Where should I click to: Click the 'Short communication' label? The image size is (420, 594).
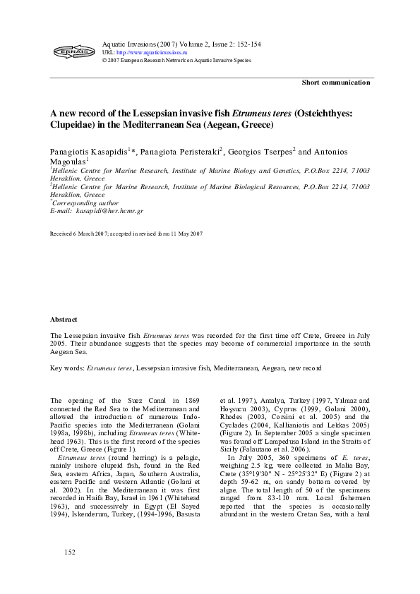click(336, 83)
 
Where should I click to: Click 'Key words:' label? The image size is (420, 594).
click(67, 368)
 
